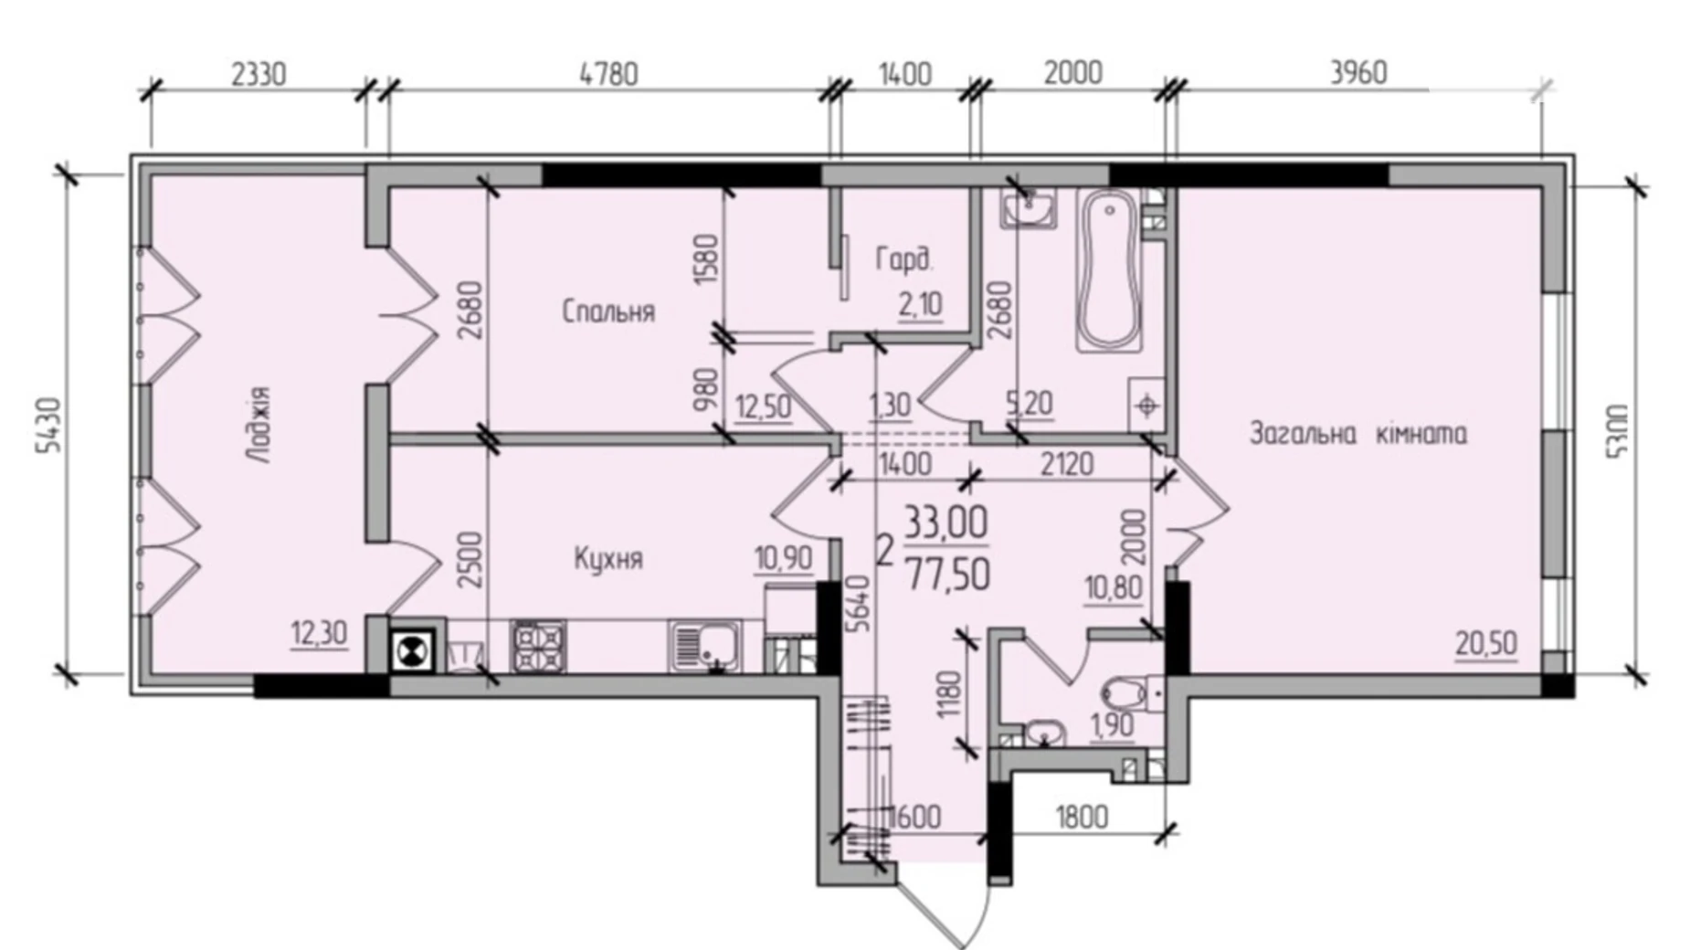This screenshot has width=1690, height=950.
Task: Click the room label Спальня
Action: pyautogui.click(x=608, y=311)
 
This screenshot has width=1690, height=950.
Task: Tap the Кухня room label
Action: pyautogui.click(x=608, y=558)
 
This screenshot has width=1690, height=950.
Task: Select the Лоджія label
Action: pyautogui.click(x=260, y=425)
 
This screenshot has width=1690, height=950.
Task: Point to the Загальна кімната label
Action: pyautogui.click(x=1357, y=433)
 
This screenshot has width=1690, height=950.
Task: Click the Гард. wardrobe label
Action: pyautogui.click(x=904, y=260)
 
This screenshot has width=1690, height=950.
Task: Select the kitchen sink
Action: pyautogui.click(x=704, y=646)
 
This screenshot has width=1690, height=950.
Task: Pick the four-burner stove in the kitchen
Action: pyautogui.click(x=538, y=647)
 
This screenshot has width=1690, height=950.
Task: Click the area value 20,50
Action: pyautogui.click(x=1486, y=644)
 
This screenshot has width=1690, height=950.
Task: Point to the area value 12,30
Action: pyautogui.click(x=319, y=632)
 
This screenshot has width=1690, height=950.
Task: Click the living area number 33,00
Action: pyautogui.click(x=946, y=524)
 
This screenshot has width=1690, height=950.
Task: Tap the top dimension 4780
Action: pyautogui.click(x=609, y=73)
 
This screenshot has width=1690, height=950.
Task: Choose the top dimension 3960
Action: pyautogui.click(x=1358, y=73)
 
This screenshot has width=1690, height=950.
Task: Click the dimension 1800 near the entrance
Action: pyautogui.click(x=1082, y=816)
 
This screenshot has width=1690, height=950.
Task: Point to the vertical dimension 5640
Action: pyautogui.click(x=858, y=604)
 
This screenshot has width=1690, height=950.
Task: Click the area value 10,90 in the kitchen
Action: pyautogui.click(x=783, y=557)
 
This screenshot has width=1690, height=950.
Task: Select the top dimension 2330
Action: pyautogui.click(x=259, y=73)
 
